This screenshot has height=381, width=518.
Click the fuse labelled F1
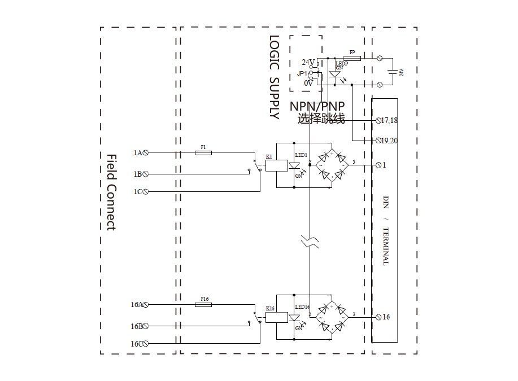pos(203,152)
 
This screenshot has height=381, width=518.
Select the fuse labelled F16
pos(203,304)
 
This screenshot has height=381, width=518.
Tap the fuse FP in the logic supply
pos(352,58)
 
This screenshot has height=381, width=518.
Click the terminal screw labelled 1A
pos(146,152)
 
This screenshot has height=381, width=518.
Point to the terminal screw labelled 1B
pos(146,174)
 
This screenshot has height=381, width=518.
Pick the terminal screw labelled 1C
pos(146,192)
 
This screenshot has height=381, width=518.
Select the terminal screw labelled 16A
pos(146,305)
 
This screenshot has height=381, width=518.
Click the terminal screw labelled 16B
pos(146,326)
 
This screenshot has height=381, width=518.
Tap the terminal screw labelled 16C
pos(146,343)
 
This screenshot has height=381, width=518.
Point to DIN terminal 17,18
pos(379,121)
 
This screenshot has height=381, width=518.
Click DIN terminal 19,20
pos(379,141)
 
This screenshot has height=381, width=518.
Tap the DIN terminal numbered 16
pos(379,317)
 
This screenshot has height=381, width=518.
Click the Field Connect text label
pos(111,192)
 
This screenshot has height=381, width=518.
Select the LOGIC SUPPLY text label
pos(275,77)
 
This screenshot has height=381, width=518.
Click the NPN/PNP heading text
pos(317,107)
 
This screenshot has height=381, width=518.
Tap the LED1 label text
pos(301,155)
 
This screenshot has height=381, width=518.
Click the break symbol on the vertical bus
pos(310,242)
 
